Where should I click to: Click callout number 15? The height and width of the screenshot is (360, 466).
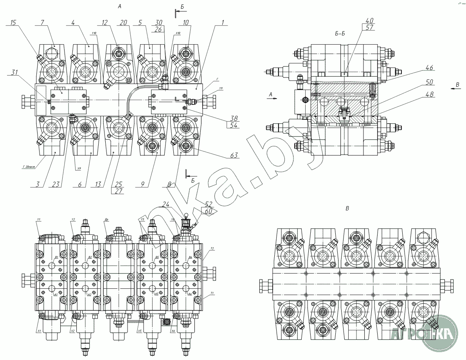[x=13, y=23]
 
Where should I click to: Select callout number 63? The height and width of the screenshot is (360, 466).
[x=234, y=156]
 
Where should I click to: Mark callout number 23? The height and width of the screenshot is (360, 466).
[x=56, y=184]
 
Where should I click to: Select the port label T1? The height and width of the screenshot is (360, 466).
[x=212, y=293]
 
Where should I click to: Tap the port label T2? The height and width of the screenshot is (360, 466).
[x=212, y=248]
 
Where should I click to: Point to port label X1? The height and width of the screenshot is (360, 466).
[x=39, y=331]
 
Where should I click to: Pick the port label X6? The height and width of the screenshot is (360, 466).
[x=173, y=331]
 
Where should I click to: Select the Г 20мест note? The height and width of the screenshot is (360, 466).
[x=29, y=167]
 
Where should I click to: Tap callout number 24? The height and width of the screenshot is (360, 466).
[x=166, y=203]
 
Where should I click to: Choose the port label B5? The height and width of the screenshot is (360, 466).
[x=157, y=257]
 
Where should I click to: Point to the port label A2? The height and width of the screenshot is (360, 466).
[x=89, y=295]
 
